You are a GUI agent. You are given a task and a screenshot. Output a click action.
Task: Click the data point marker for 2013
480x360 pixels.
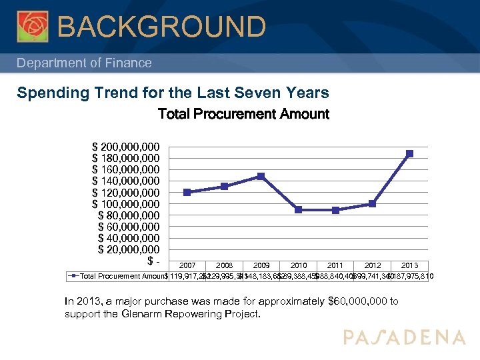coord(409,153)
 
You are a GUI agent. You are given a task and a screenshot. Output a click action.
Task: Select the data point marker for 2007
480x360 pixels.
coord(187,192)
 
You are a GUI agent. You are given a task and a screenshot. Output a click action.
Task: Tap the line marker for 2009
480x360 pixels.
coord(261,176)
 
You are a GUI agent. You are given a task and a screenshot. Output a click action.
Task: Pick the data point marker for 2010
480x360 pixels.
coord(298,209)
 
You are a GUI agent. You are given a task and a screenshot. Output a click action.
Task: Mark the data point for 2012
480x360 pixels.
coord(372,204)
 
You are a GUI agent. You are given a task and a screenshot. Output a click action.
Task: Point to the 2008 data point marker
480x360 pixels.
coord(224,186)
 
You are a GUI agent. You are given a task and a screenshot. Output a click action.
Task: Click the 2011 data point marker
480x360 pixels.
coord(335,210)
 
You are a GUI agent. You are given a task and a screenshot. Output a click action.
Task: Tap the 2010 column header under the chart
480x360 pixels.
coord(298,265)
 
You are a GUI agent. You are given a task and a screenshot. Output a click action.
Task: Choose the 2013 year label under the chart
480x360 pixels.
coord(409,265)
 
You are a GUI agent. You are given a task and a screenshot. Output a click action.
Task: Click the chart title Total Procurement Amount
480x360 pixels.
coord(243,114)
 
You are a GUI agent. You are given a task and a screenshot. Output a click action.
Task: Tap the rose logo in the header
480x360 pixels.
coord(33,27)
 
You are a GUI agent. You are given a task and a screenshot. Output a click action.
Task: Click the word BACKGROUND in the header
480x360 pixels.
coord(162,27)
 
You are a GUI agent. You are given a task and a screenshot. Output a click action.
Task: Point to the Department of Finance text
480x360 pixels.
coord(84,63)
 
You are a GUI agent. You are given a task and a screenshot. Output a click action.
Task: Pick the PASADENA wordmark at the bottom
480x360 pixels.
coord(404,337)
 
